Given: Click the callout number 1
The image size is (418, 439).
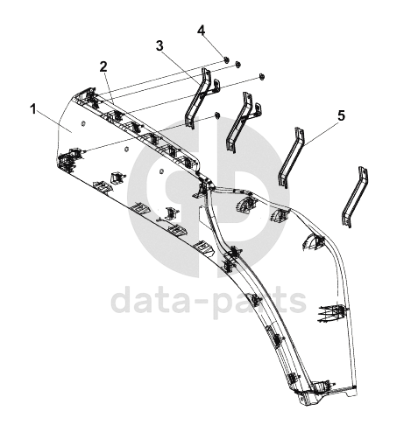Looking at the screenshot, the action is pos(33,110).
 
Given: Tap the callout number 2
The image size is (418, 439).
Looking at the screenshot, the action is pos(103,67).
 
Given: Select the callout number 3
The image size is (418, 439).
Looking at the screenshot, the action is pos(159,45).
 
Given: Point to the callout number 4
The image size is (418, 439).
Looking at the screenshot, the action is pos(202,31).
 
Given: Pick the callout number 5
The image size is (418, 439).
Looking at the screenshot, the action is pos(341,115).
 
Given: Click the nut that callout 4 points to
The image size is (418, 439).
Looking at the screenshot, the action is pos(226,59).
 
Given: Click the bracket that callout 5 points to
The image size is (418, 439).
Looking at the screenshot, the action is pos(291,157).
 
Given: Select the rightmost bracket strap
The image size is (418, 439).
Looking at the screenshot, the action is pos(355,197).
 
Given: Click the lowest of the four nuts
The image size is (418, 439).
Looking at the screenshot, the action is pos(216,115).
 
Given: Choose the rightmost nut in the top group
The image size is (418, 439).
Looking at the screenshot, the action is pos(261,77).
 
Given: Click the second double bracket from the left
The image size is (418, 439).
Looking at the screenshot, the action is pos(243,122).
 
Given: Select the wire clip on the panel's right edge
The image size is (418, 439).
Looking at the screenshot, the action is pos(333,313).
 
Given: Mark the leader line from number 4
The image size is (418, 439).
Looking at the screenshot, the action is pos(214,46).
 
